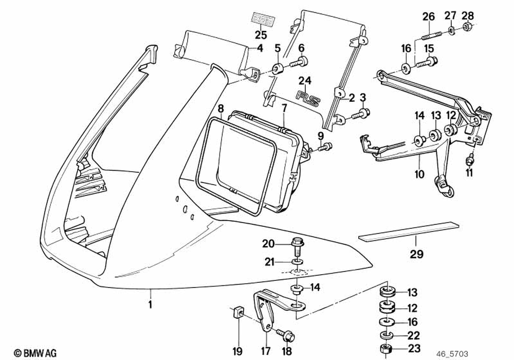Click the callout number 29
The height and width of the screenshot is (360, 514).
(x=417, y=253)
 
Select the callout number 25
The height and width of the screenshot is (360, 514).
(x=261, y=35)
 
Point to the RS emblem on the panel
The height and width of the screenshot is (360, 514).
(x=307, y=95)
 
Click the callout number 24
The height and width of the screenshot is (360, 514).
(x=306, y=81)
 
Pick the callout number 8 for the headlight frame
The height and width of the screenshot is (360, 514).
(x=221, y=108)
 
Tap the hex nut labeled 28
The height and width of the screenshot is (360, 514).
(x=468, y=27)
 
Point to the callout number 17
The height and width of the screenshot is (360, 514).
(x=265, y=352)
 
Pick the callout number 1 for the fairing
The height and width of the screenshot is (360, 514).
(x=150, y=304)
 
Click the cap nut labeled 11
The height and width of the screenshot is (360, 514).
(x=469, y=161)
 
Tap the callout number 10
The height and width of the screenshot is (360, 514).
(x=419, y=174)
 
